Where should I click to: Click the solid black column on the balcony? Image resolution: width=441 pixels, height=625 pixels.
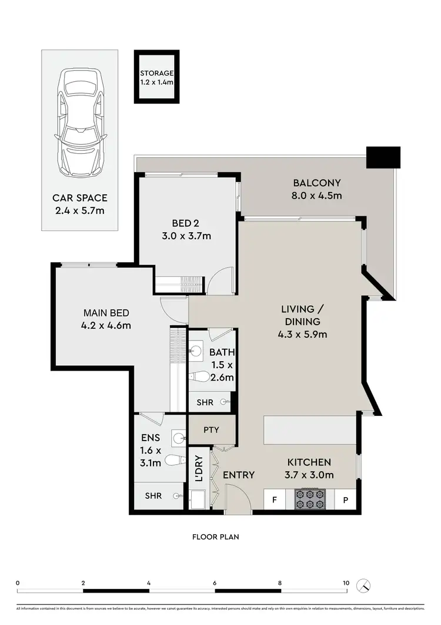(383, 157)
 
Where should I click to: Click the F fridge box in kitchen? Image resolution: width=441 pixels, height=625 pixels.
(274, 500)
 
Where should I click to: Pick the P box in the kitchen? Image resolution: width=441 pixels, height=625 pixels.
(345, 500)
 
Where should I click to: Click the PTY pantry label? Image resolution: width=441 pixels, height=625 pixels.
(211, 430)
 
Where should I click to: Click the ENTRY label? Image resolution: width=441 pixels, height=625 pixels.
(239, 475)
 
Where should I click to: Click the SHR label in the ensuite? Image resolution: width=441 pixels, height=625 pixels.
(153, 496)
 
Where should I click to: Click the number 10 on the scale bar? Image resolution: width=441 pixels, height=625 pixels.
(346, 583)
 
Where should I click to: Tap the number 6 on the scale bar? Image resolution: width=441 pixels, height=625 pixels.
(215, 583)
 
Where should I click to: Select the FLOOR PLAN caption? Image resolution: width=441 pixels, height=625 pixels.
(215, 537)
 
